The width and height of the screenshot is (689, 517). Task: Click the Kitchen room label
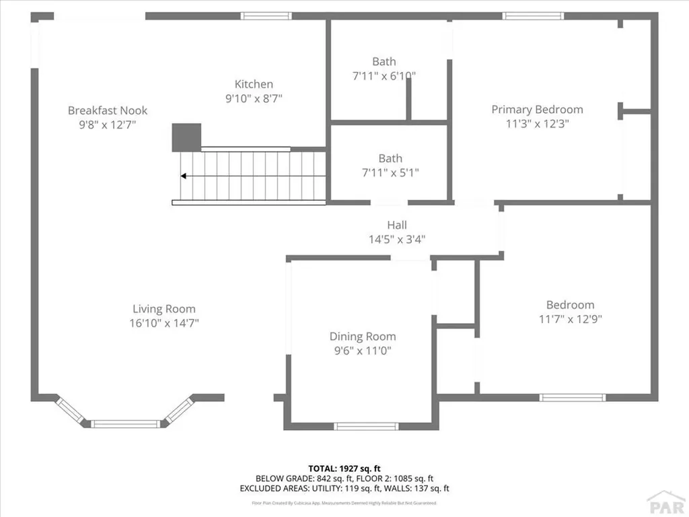(x=254, y=84)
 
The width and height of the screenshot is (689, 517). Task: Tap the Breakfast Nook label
(x=108, y=110)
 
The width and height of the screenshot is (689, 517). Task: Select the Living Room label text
(x=164, y=309)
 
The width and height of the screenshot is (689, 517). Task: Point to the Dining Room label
(x=363, y=337)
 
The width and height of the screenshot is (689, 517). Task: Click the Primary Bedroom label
(x=537, y=109)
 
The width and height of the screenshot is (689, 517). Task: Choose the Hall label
(x=396, y=225)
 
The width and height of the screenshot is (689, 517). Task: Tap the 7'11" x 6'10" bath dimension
(x=384, y=76)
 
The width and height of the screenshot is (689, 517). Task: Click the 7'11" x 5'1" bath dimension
(x=390, y=172)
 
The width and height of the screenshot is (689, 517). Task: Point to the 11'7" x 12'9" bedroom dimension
(x=570, y=319)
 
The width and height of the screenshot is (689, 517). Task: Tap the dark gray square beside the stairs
(x=186, y=137)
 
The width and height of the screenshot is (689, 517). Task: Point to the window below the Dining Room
(x=366, y=425)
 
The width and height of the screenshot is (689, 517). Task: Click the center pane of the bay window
(x=126, y=423)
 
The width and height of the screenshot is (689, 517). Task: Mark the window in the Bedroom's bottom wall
(x=573, y=397)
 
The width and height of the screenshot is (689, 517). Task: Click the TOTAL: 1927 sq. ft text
(x=344, y=468)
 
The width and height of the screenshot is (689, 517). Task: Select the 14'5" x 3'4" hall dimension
(x=396, y=238)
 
